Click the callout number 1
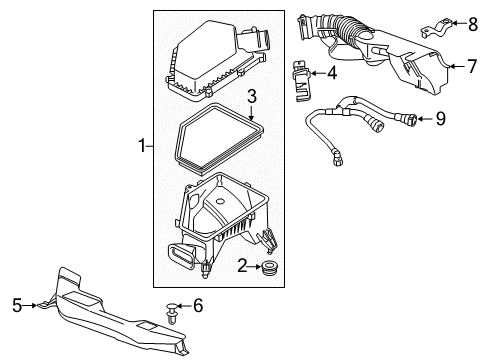click(x=140, y=148)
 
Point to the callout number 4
click(x=332, y=72)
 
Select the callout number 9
click(x=441, y=119)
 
